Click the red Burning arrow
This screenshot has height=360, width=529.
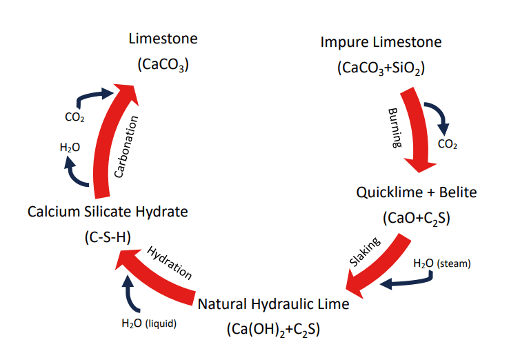[415, 131]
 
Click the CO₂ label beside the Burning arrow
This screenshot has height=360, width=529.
[448, 145]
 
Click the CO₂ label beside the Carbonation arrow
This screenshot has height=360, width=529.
[74, 117]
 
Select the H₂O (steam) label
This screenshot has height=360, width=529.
[441, 263]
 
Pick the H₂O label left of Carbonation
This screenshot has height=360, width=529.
[70, 147]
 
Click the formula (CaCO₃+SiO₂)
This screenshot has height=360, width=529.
[380, 68]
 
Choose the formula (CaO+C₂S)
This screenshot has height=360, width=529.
[416, 218]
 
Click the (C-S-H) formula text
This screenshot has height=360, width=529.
[107, 237]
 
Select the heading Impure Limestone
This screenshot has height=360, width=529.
[381, 42]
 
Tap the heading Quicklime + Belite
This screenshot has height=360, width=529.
[416, 192]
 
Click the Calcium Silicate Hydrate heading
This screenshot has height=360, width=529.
[108, 211]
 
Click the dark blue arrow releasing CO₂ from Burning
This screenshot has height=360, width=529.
[438, 116]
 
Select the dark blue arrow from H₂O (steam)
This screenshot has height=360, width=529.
[407, 281]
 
